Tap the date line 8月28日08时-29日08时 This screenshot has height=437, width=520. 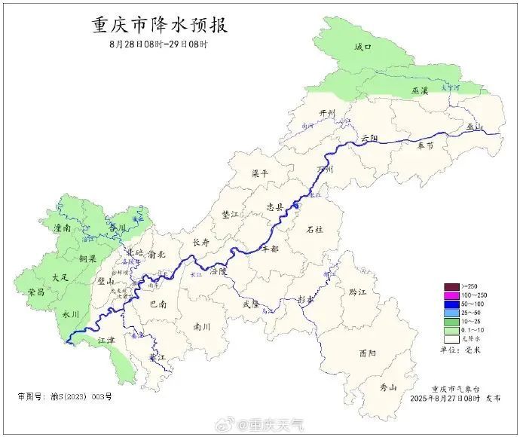click(158, 44)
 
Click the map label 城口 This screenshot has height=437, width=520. click(363, 47)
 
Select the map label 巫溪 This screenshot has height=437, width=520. click(419, 90)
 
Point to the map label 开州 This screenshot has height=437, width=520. click(326, 113)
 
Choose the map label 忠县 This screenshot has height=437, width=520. click(276, 206)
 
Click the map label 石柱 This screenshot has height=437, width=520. click(314, 229)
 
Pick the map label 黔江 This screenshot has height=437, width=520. click(347, 292)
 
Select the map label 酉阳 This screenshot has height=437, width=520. click(368, 353)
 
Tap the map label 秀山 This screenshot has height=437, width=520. click(388, 387)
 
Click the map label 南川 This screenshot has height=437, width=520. click(202, 327)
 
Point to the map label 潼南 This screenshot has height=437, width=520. click(62, 227)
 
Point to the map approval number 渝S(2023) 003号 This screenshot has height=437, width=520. click(64, 396)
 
